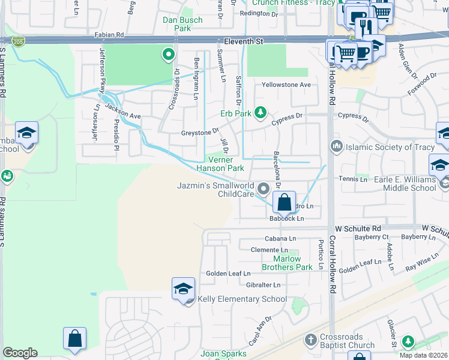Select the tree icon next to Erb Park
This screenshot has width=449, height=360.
click(260, 112)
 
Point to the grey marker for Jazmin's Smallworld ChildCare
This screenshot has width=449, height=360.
click(263, 190)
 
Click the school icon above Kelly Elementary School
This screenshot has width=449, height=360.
click(183, 289)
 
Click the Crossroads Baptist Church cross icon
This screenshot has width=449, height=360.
click(310, 340)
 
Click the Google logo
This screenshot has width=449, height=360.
click(20, 353)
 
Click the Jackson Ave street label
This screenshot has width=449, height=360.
click(122, 110)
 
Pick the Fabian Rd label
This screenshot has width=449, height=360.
click(112, 35)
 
